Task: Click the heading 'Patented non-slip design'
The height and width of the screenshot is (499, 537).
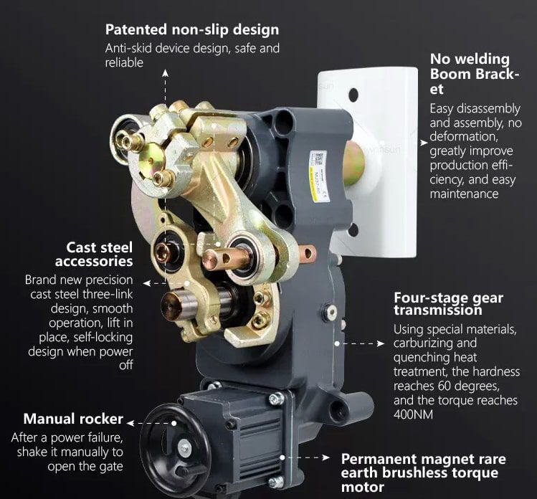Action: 192,29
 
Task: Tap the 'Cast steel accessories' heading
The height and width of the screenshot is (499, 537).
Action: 94,254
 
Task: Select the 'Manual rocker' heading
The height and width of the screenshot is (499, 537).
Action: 73,419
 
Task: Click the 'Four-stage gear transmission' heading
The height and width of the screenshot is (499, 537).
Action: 448,303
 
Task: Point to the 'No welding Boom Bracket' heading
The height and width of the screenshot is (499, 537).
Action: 475,74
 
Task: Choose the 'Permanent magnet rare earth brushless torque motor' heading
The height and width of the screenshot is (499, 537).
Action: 423,473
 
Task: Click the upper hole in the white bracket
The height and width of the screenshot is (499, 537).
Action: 353,95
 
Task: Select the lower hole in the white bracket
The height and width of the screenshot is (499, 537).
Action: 353,230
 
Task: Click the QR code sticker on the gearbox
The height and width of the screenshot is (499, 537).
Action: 318,159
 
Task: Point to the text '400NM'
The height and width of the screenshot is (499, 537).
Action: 414,414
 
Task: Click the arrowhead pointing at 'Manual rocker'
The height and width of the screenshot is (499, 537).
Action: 130,423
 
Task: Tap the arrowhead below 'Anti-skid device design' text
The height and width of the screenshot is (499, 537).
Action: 166,72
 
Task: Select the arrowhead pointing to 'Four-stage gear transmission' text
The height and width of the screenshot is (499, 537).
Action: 381,343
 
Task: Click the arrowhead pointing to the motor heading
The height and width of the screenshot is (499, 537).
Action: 325,457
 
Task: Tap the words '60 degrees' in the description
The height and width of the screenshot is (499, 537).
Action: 469,386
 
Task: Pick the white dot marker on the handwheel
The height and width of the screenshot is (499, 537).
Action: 174,423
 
